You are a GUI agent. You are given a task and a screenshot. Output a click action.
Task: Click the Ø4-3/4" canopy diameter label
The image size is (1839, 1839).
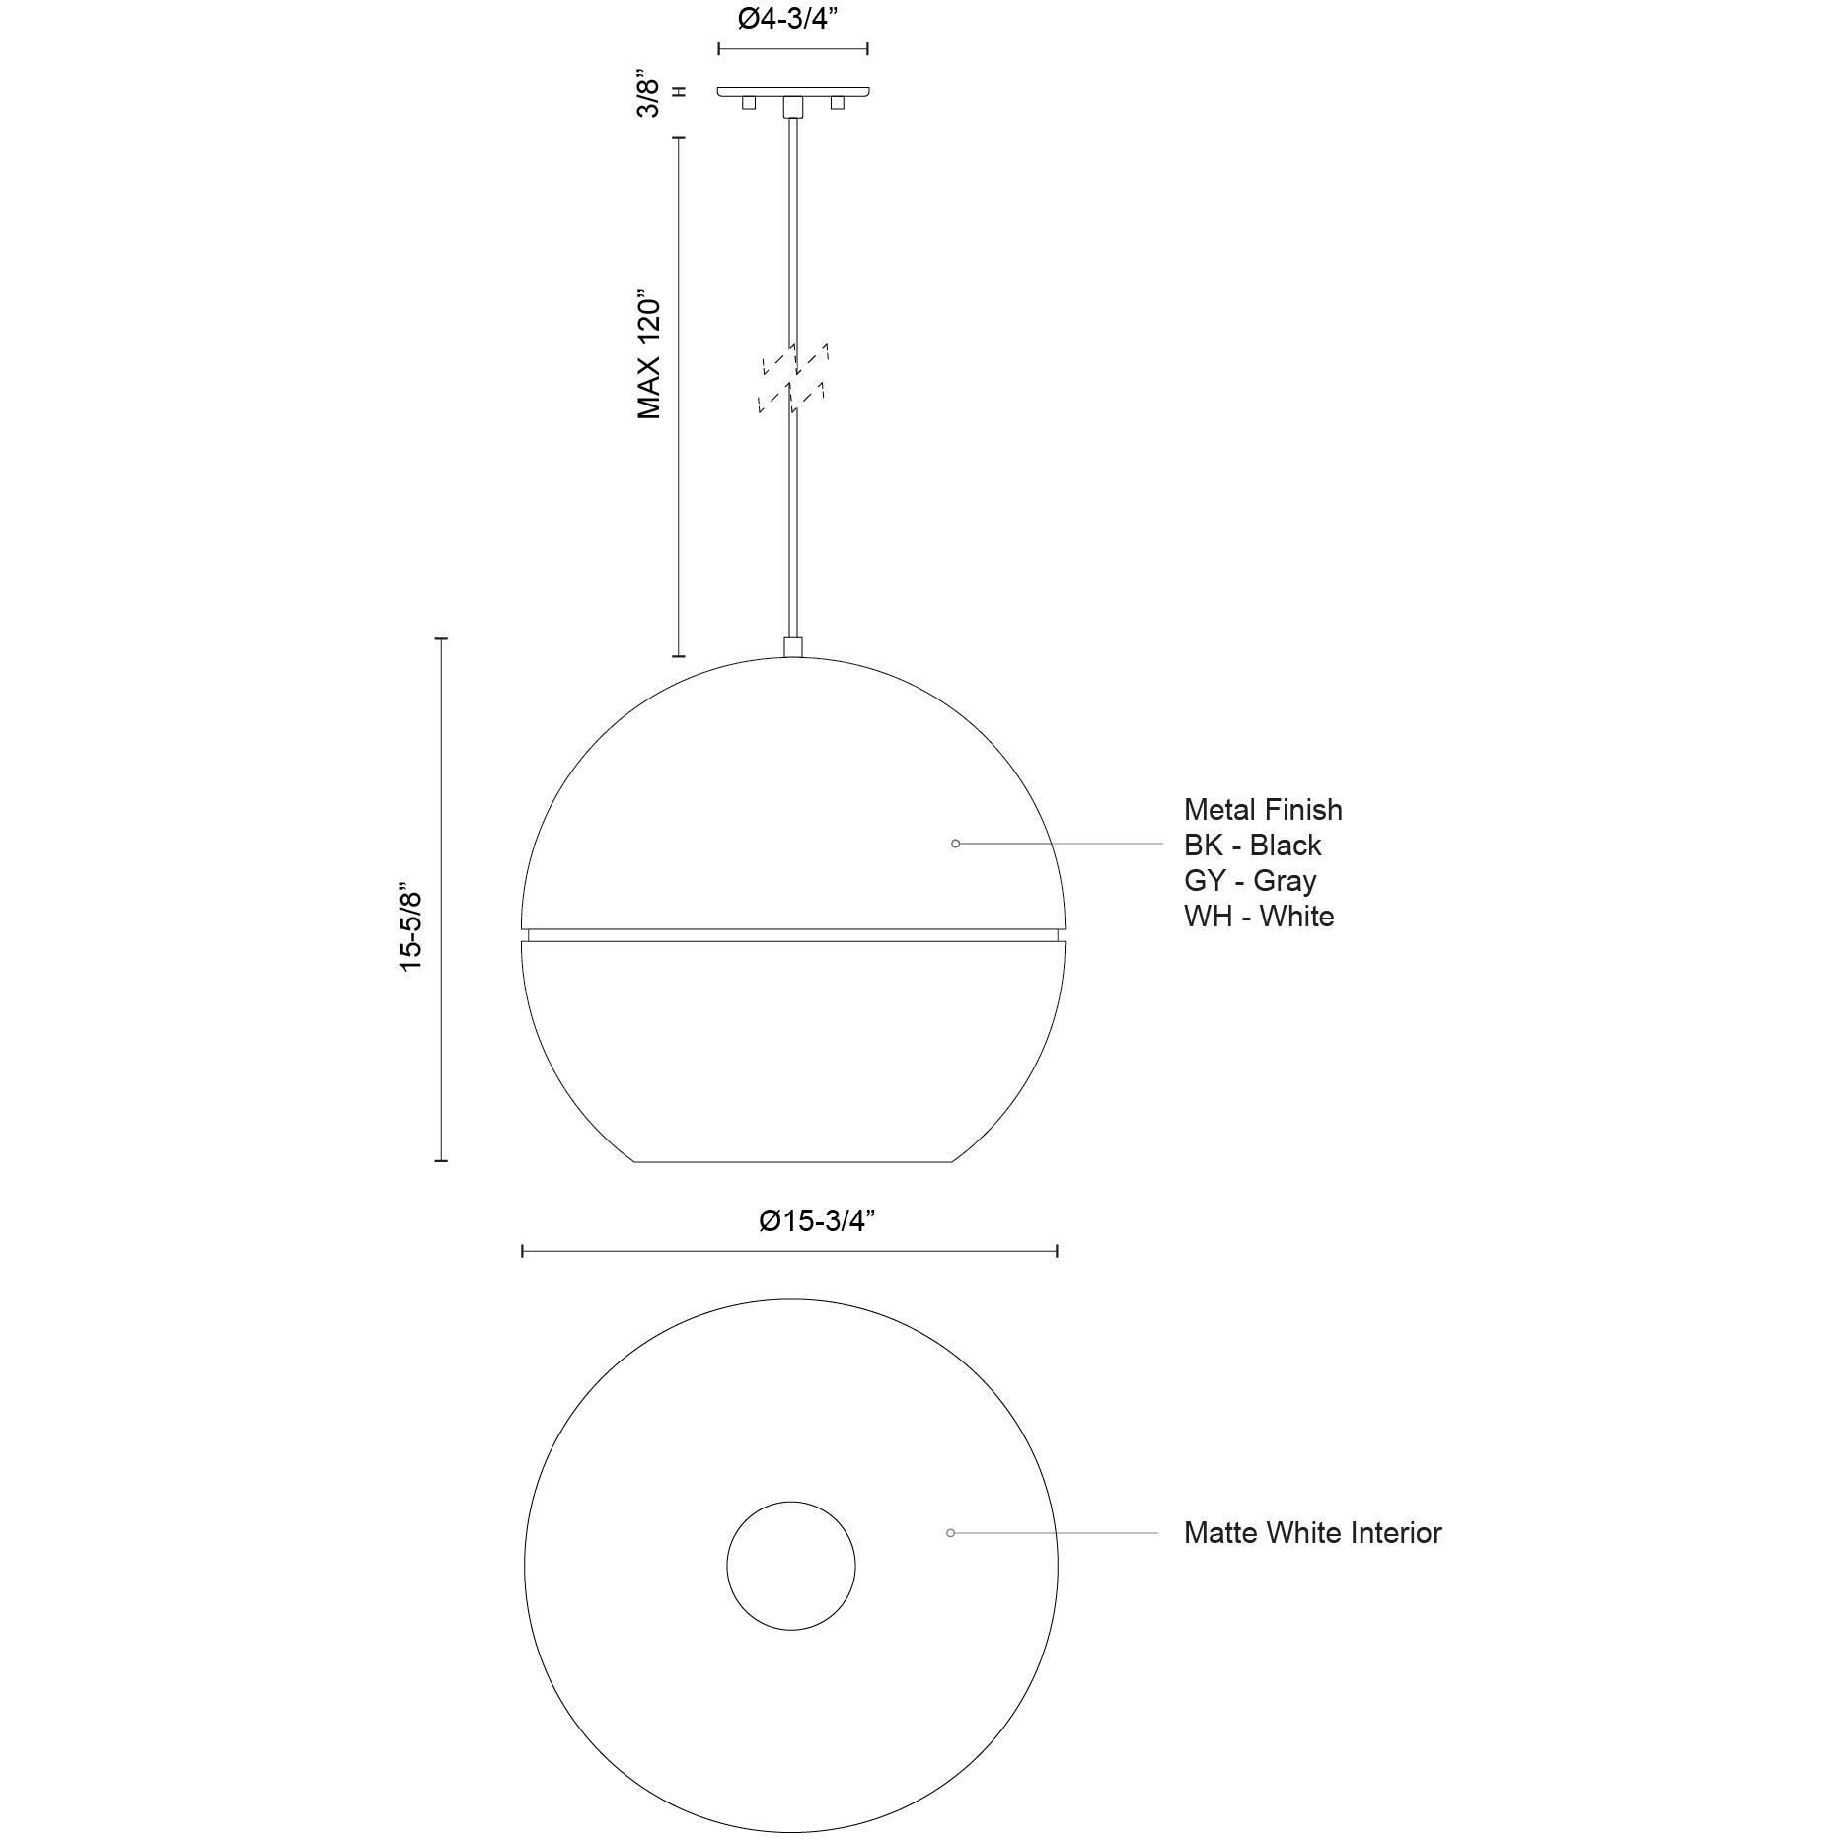792,21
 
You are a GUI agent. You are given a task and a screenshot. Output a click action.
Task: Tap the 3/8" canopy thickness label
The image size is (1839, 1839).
647,93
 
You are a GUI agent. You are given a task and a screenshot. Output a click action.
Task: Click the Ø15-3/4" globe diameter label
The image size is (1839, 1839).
817,1220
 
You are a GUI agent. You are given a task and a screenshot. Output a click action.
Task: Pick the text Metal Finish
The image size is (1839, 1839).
1262,810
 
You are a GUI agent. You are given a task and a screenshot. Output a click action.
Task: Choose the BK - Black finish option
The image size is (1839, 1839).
1252,846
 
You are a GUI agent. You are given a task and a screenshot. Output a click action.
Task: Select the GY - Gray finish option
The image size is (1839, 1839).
1249,881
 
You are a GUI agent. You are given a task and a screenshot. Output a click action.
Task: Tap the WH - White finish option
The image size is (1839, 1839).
1258,917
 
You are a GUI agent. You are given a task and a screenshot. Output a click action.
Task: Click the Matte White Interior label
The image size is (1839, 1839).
1312,1533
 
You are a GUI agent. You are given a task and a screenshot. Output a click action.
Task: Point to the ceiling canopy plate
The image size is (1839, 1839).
792,91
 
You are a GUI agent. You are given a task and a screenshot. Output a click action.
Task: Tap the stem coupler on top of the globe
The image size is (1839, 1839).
792,647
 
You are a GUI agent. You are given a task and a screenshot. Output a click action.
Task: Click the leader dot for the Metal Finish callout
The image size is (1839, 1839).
955,844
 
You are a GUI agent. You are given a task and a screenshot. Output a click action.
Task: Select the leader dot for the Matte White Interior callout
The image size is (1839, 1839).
950,1533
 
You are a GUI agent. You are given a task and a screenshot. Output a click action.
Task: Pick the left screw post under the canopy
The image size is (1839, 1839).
749,103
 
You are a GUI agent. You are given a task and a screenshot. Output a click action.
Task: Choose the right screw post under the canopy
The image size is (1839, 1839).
837,103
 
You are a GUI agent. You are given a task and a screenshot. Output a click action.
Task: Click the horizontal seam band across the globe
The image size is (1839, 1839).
792,934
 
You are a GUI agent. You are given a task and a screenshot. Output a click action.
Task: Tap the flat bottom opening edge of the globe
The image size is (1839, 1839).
792,1161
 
